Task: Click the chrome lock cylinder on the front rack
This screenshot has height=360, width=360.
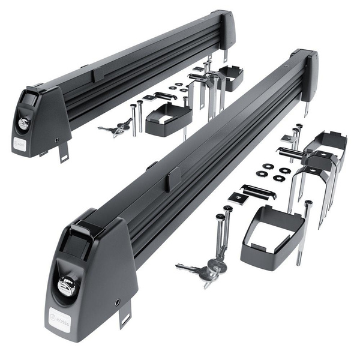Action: pos(66,287)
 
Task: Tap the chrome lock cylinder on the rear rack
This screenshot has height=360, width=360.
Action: pos(23,122)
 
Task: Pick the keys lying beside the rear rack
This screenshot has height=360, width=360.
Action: pos(116,128)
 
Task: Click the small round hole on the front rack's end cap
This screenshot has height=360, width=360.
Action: pos(117,301)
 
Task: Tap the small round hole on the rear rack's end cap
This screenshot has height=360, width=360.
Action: pos(56,139)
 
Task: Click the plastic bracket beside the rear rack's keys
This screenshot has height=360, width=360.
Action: pos(167,116)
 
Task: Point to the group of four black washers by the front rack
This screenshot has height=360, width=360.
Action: pos(273,172)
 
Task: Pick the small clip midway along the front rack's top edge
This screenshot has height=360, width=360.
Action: pos(174,178)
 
